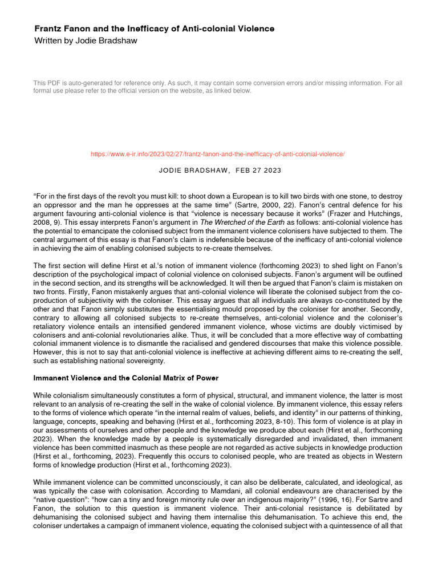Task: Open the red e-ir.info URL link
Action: [218, 155]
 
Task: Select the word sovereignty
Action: [144, 360]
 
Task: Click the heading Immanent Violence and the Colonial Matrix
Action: [126, 378]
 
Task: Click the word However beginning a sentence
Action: [49, 352]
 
